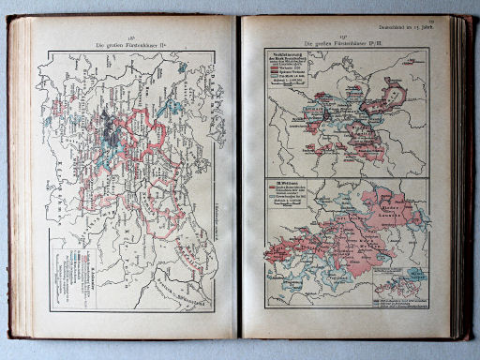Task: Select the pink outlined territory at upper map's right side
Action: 393,95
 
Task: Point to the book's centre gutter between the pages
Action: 240,178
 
